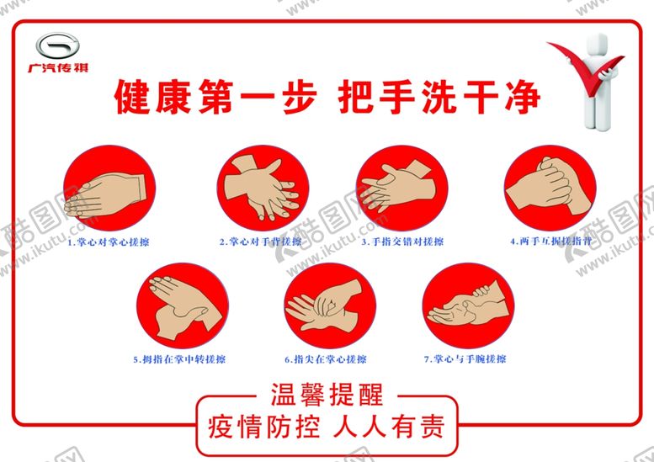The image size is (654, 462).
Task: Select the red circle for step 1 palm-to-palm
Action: point(111,190)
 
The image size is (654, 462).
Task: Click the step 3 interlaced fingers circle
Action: point(401,190)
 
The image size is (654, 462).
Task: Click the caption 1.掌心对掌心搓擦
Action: point(114,242)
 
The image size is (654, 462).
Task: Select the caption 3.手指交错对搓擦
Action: point(402,242)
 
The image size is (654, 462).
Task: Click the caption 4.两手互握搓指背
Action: point(551,241)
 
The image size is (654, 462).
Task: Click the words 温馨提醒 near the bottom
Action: point(327,394)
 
